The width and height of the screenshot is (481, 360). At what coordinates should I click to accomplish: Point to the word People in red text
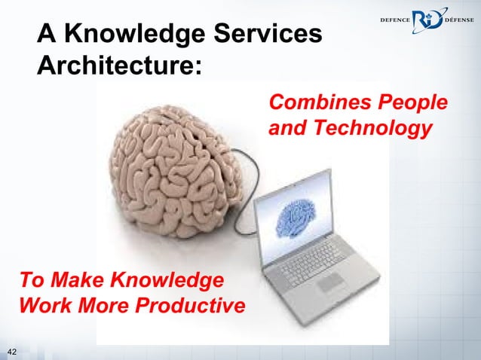(412, 102)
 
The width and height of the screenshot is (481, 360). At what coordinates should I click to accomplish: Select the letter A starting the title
(47, 34)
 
